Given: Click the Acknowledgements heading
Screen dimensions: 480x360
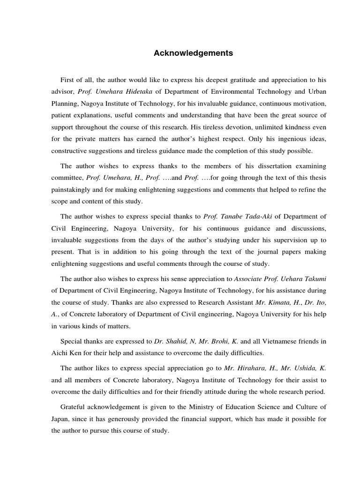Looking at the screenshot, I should point(193,53).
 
